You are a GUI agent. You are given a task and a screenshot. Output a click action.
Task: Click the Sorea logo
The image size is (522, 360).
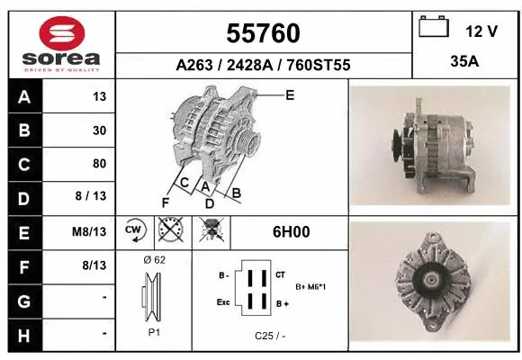61,44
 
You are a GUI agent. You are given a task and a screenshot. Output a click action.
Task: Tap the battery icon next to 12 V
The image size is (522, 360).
434,28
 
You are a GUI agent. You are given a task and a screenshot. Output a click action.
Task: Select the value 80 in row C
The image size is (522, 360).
99,164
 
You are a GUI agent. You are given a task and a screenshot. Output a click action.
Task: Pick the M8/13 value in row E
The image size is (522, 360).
91,231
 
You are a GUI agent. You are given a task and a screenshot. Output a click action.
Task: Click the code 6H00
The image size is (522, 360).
292,231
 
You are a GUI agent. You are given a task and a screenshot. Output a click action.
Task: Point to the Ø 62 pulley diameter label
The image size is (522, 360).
154,260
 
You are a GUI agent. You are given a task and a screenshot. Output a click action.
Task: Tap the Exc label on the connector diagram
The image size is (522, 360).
223,303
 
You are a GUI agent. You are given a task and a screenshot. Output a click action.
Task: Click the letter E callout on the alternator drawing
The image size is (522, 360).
290,94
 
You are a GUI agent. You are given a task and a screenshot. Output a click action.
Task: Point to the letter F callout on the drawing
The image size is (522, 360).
166,202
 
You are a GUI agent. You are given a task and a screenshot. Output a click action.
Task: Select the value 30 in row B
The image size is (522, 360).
99,130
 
